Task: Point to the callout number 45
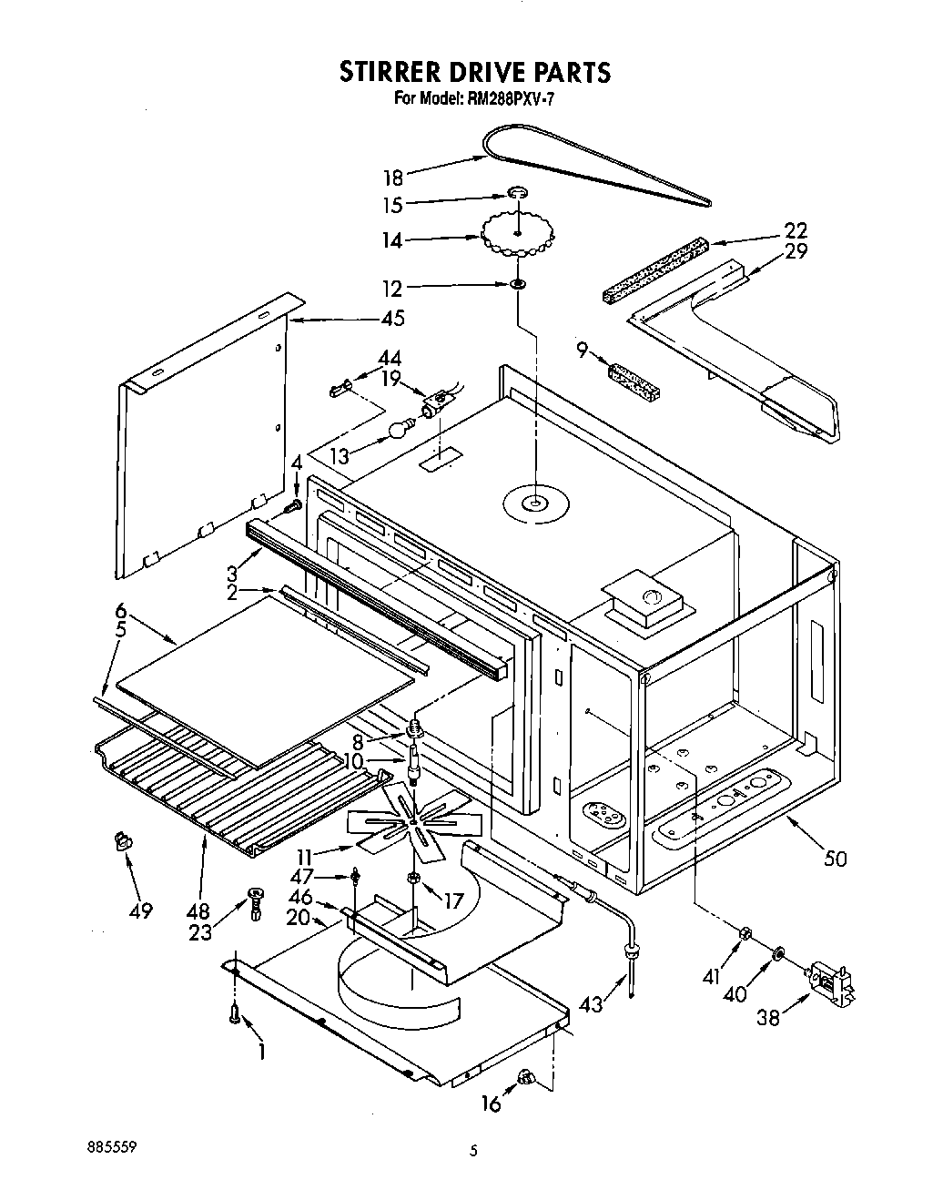(x=393, y=320)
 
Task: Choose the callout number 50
(x=835, y=858)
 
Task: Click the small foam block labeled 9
(x=634, y=377)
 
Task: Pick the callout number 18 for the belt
(x=392, y=178)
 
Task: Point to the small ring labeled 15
(x=517, y=194)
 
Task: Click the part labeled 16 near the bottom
(x=525, y=1079)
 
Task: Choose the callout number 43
(x=591, y=1004)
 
